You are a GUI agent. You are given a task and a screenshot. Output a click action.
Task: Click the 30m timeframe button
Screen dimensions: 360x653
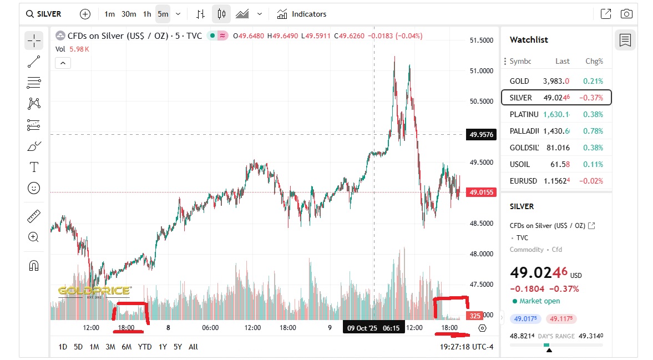click(129, 14)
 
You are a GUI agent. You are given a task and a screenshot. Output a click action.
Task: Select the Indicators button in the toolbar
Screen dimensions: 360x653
click(302, 14)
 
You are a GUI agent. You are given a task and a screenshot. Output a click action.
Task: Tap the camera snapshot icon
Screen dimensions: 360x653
click(626, 14)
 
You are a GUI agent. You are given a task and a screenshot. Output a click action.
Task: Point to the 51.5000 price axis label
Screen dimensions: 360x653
click(482, 40)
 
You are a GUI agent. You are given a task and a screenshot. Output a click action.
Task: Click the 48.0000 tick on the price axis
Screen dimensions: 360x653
click(482, 254)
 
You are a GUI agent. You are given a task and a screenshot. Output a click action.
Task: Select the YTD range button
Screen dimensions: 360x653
click(145, 347)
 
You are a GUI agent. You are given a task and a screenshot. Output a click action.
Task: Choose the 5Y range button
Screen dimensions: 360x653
click(178, 347)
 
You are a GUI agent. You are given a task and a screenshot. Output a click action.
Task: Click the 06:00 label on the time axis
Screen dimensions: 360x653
click(210, 328)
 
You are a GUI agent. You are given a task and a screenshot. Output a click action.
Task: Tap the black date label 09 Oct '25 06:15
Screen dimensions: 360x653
click(373, 328)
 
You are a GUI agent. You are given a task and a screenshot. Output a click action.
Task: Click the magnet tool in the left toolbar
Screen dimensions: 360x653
click(34, 266)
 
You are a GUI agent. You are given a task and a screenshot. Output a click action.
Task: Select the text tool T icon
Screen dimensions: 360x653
click(34, 167)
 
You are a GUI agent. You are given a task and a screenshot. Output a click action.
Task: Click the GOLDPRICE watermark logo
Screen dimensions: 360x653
click(94, 291)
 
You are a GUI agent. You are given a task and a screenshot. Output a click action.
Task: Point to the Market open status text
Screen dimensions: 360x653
click(539, 301)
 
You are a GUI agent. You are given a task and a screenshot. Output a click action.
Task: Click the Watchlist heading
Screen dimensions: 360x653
click(529, 40)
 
